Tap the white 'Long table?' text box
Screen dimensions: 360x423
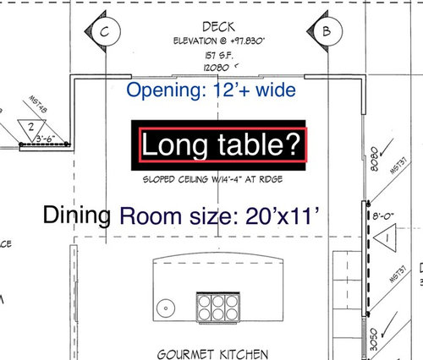click(x=222, y=146)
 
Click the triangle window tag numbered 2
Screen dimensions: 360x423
click(x=30, y=128)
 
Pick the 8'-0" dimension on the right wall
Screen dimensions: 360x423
click(x=384, y=215)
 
